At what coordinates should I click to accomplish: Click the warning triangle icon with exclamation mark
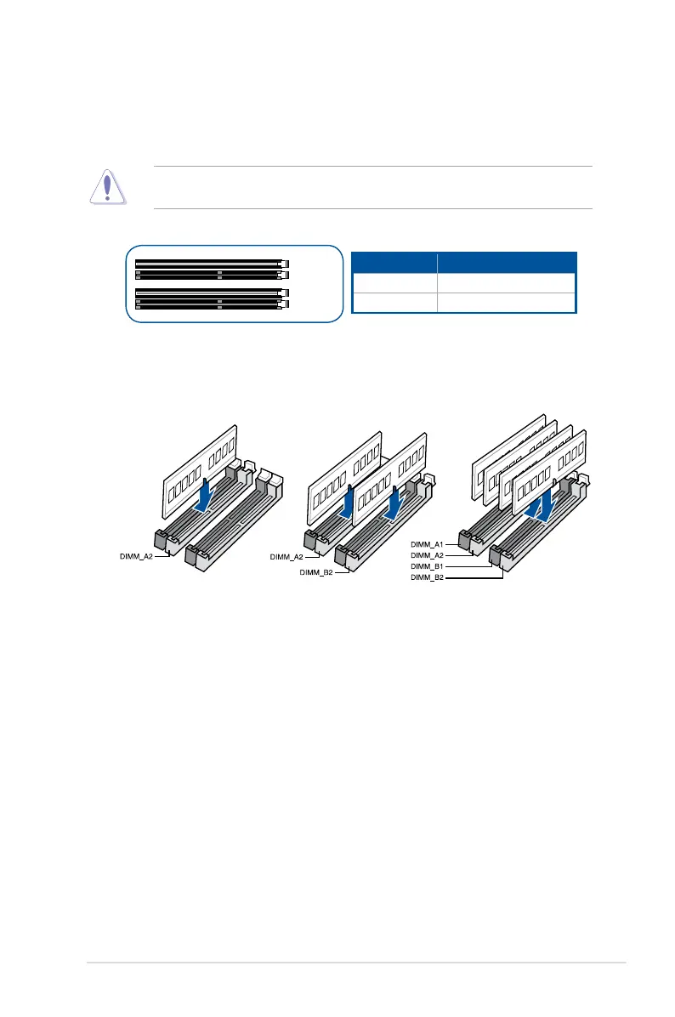tap(107, 188)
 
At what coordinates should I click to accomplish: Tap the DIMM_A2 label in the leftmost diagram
tap(134, 556)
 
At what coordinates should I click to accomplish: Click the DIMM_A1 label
tap(428, 543)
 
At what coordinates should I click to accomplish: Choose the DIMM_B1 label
tap(428, 566)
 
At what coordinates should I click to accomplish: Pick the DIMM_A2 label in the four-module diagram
tap(428, 554)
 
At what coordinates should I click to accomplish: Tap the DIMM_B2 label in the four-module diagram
tap(428, 577)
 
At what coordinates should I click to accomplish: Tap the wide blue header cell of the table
tap(507, 261)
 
